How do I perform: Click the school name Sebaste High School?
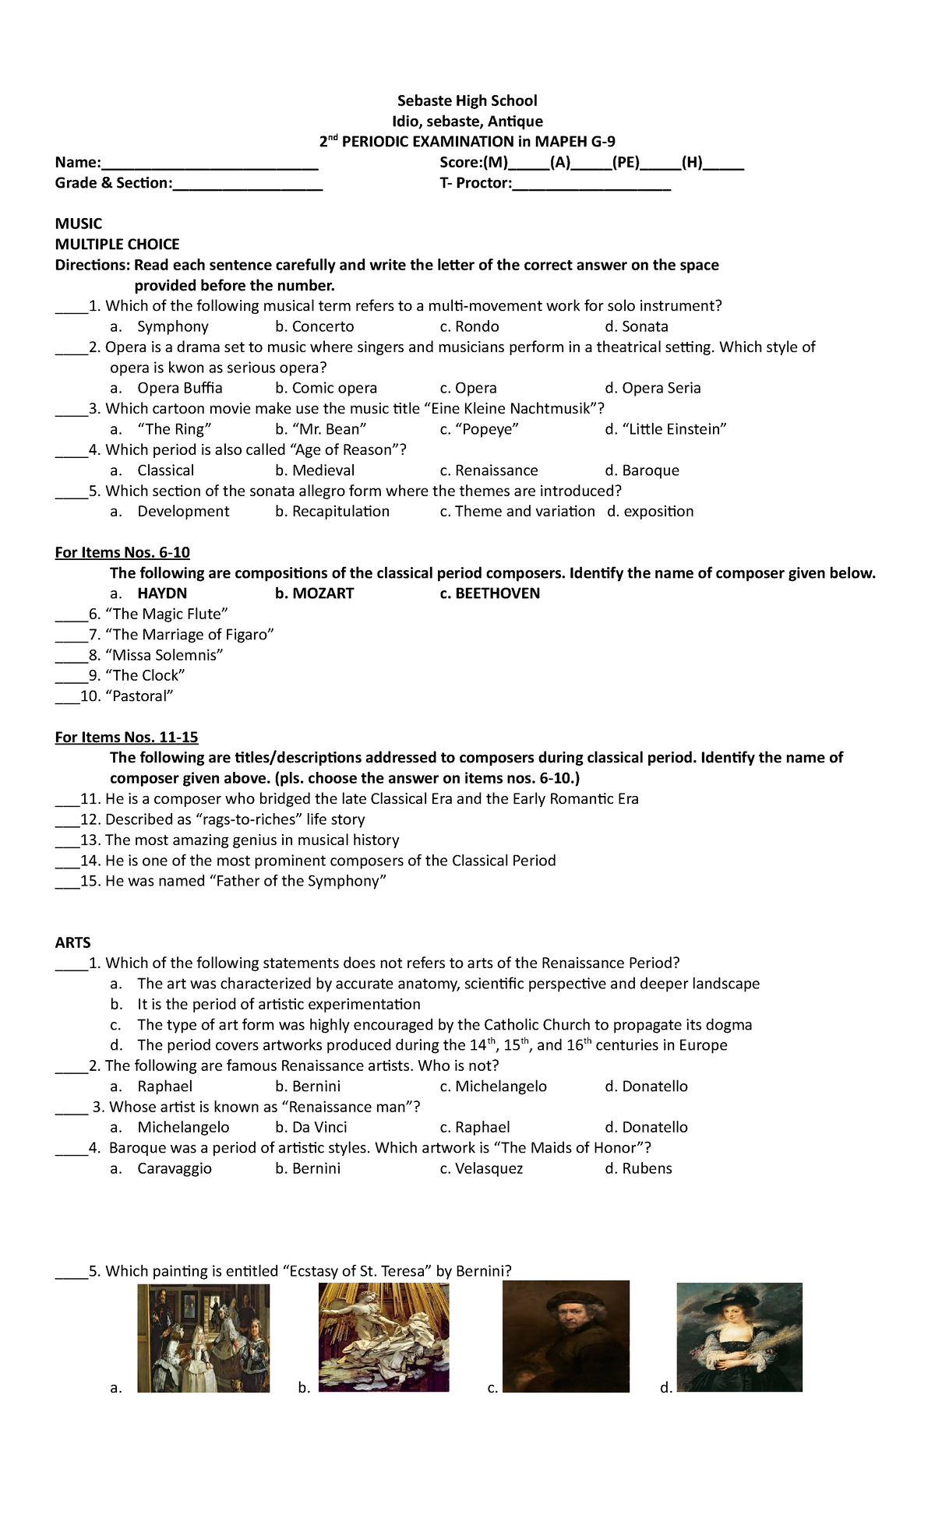coord(467,100)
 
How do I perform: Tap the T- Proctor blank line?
coord(591,185)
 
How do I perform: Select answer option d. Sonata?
coord(637,326)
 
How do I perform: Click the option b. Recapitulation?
coord(333,512)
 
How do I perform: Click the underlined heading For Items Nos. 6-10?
coord(122,553)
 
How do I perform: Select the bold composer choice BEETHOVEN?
coord(497,593)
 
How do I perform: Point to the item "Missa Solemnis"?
coord(164,655)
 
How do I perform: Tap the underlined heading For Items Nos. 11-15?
coord(126,738)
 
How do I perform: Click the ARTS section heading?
coord(72,942)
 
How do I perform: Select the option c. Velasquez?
coord(482,1168)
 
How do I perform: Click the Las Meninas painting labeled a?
coord(203,1338)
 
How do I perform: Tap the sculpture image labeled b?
coord(384,1337)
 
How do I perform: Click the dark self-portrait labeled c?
coord(566,1337)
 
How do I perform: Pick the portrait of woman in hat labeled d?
coord(739,1337)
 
